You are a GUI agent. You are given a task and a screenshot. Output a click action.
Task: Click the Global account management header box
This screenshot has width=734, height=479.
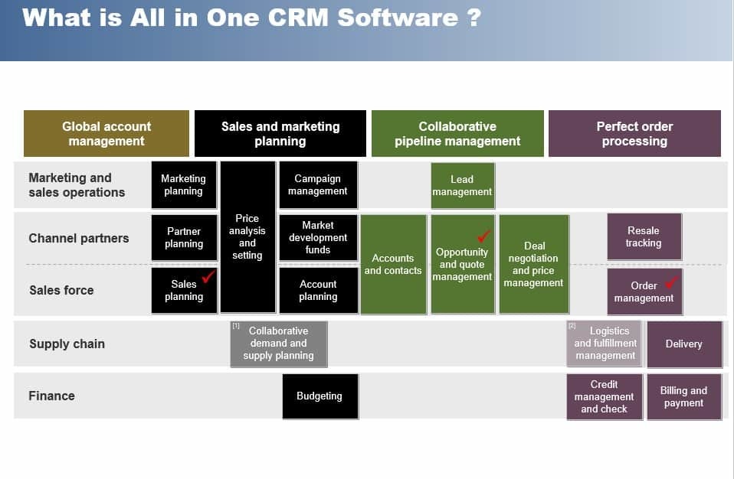click(x=106, y=134)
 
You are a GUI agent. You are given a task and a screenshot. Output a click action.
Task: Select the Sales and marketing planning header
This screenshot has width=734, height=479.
click(x=280, y=134)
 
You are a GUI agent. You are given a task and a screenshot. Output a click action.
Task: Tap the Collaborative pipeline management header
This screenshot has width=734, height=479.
click(x=457, y=134)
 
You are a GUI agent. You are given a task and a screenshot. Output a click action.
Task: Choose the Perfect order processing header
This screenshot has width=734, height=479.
click(x=634, y=134)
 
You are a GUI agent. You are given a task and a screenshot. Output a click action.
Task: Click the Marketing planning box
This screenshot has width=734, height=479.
click(x=184, y=185)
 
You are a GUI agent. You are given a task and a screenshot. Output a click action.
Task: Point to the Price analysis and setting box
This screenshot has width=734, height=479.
click(x=247, y=236)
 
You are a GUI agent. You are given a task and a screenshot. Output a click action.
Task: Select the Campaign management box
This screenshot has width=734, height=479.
click(x=318, y=185)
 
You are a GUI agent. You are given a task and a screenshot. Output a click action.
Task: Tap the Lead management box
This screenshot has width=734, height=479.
click(x=462, y=186)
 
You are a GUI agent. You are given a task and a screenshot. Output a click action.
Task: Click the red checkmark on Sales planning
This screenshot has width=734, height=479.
click(x=208, y=276)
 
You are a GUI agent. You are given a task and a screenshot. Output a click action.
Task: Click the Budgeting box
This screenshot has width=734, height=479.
click(x=319, y=396)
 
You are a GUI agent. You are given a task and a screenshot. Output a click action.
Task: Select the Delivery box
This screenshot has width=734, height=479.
click(x=684, y=344)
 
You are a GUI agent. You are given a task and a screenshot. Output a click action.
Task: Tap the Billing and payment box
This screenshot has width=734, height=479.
click(x=684, y=396)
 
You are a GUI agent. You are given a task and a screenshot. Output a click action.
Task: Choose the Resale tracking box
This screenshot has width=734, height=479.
click(x=644, y=236)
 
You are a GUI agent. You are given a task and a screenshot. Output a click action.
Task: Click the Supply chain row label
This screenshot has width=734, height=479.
click(x=67, y=344)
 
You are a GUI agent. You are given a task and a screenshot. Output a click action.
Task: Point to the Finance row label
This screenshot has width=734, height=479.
click(x=51, y=396)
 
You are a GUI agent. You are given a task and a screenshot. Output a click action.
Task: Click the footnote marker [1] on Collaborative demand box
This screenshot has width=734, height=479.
click(x=237, y=327)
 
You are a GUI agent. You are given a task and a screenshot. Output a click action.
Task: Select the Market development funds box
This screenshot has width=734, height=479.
click(x=318, y=237)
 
